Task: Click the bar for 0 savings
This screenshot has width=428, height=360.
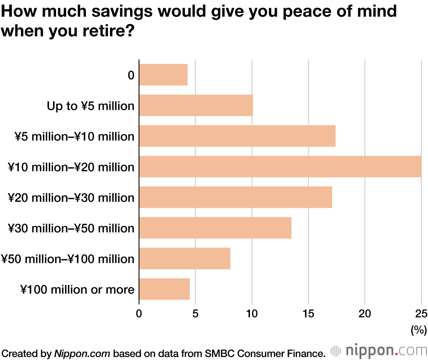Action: pyautogui.click(x=163, y=75)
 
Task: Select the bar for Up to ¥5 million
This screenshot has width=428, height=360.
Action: pyautogui.click(x=196, y=106)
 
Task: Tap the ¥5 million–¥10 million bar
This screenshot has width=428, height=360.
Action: pyautogui.click(x=237, y=136)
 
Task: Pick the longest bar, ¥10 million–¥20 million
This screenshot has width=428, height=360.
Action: pyautogui.click(x=280, y=167)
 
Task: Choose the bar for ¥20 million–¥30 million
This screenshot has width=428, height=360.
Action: pyautogui.click(x=235, y=198)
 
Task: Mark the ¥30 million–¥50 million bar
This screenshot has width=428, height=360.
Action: pyautogui.click(x=215, y=228)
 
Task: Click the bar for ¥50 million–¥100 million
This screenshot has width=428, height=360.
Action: pyautogui.click(x=185, y=259)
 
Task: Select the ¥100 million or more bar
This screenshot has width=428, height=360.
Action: pyautogui.click(x=164, y=289)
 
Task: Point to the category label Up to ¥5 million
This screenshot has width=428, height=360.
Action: pyautogui.click(x=91, y=106)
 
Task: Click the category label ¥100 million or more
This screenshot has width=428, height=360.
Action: pyautogui.click(x=77, y=290)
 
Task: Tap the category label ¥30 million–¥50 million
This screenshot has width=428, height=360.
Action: pyautogui.click(x=71, y=228)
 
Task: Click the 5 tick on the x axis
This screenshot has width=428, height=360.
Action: pyautogui.click(x=196, y=314)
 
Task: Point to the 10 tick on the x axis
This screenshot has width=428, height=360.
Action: pyautogui.click(x=252, y=314)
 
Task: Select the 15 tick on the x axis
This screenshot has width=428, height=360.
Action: pyautogui.click(x=308, y=314)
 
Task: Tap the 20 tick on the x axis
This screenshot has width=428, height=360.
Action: pyautogui.click(x=365, y=314)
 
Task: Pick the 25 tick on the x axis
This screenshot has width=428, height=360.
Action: pyautogui.click(x=421, y=314)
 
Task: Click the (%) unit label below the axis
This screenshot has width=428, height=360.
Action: pyautogui.click(x=419, y=330)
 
